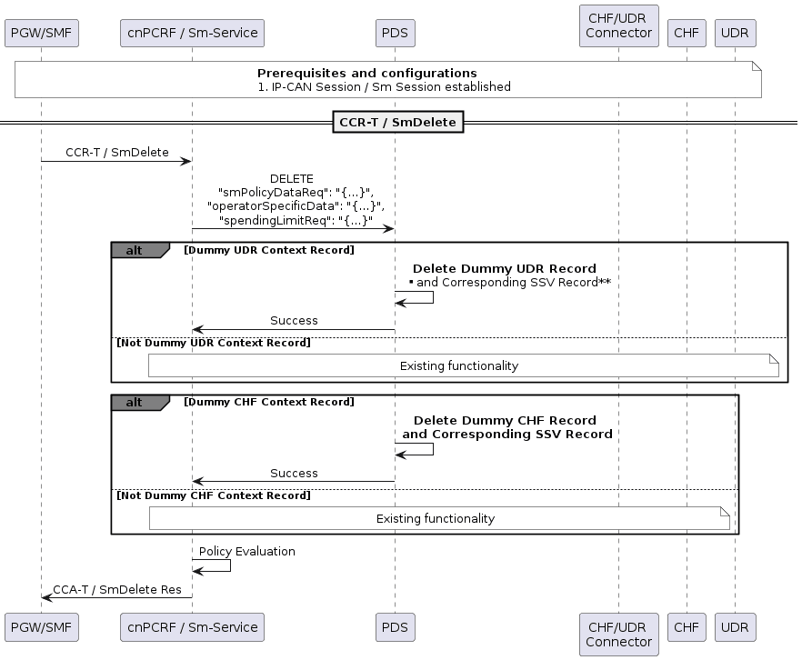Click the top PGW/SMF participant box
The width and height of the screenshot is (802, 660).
41,34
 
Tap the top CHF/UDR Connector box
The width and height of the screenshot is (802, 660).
618,26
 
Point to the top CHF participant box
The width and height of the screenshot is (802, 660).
687,34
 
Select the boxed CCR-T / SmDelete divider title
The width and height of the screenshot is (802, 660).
399,121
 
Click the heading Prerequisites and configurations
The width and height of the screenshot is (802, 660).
366,73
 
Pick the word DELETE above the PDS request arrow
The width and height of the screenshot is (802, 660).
292,179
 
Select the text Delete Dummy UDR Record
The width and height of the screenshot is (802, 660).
505,268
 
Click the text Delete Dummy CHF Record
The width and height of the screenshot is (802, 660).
505,420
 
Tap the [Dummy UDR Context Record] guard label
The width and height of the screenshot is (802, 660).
268,250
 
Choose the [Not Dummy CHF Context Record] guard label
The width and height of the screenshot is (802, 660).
213,495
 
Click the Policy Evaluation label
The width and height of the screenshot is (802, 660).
246,551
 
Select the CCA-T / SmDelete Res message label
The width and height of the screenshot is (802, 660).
116,589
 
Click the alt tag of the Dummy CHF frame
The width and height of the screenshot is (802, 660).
135,402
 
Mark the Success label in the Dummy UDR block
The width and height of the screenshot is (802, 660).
294,320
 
